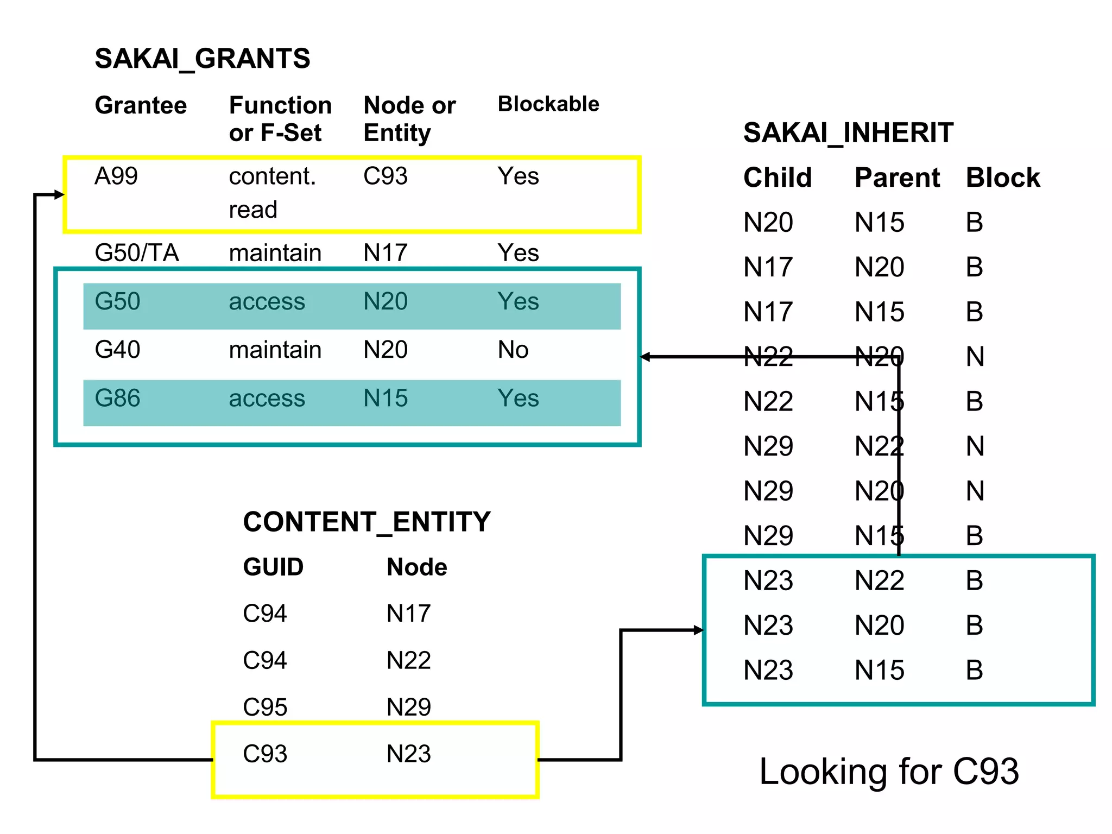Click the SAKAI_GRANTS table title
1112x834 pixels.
(202, 59)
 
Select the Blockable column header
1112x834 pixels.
(548, 104)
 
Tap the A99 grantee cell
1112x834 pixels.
(116, 176)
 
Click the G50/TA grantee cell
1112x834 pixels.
(136, 252)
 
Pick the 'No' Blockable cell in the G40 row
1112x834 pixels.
(513, 350)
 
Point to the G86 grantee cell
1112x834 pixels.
(117, 398)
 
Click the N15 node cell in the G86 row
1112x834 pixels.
(385, 398)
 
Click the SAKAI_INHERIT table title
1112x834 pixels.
(848, 133)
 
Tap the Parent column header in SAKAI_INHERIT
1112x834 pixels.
(897, 178)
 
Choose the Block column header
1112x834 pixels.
(1002, 178)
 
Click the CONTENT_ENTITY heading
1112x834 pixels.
(367, 522)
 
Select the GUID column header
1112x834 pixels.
(273, 567)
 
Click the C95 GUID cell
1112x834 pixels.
(264, 707)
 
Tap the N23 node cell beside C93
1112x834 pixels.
(408, 754)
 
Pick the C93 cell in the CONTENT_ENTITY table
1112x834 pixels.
(264, 754)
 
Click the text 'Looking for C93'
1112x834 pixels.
(888, 771)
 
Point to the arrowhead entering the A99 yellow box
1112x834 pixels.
(60, 194)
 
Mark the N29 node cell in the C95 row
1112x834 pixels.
(408, 707)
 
